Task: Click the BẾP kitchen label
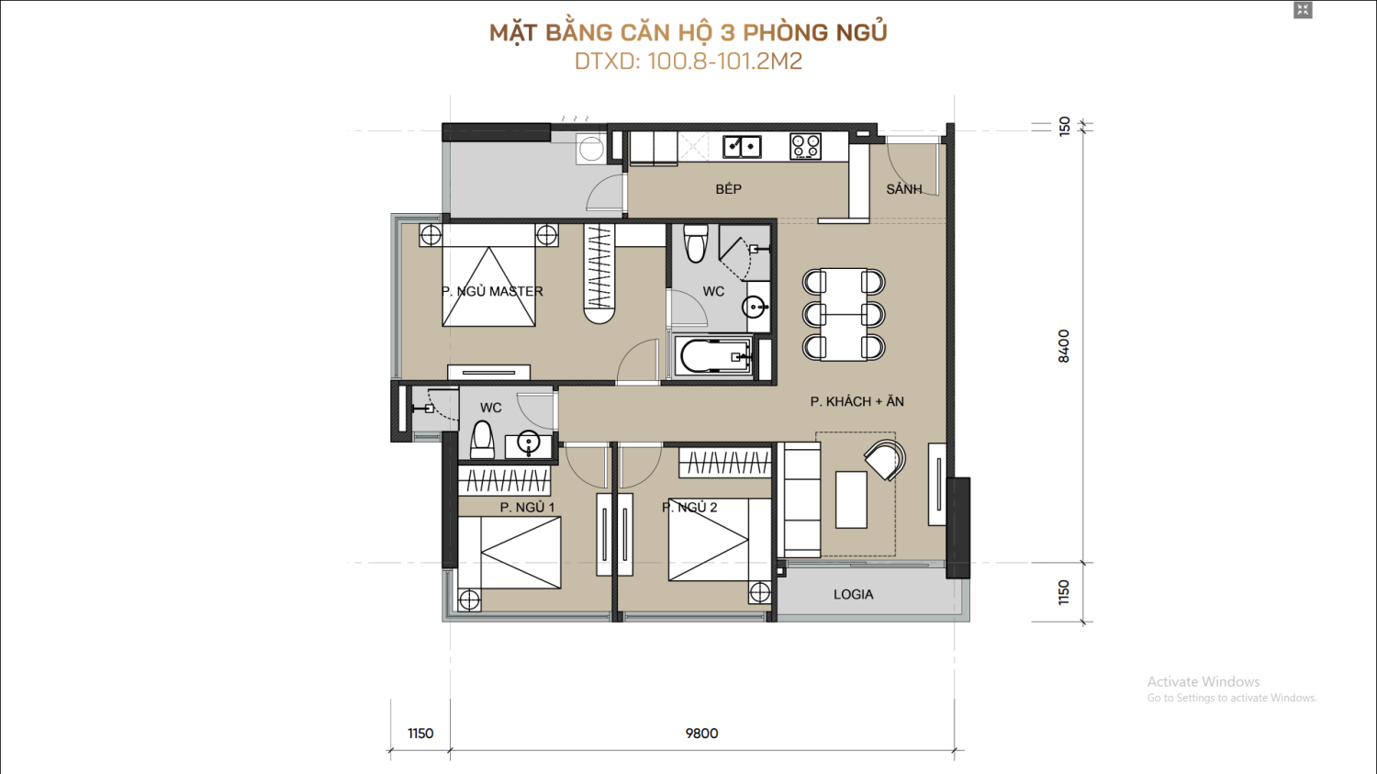click(x=729, y=189)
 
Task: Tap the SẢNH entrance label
click(x=903, y=189)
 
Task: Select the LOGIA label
click(x=853, y=594)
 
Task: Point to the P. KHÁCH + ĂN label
click(x=856, y=401)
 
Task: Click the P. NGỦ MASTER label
click(x=492, y=291)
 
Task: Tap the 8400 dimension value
click(x=1063, y=346)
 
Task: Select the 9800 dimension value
click(x=701, y=733)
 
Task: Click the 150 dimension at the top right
click(x=1064, y=126)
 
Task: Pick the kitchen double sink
click(x=742, y=147)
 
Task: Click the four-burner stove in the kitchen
click(x=805, y=146)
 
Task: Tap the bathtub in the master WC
click(x=713, y=356)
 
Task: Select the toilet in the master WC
click(x=695, y=242)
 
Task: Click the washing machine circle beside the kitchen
click(x=591, y=149)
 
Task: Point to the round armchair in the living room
click(x=885, y=459)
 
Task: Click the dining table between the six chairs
click(x=844, y=314)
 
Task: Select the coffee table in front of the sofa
click(x=851, y=499)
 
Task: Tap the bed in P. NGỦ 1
click(x=509, y=553)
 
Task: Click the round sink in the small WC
click(x=528, y=443)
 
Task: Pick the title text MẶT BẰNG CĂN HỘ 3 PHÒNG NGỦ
click(x=688, y=32)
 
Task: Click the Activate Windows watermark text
click(x=1203, y=681)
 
